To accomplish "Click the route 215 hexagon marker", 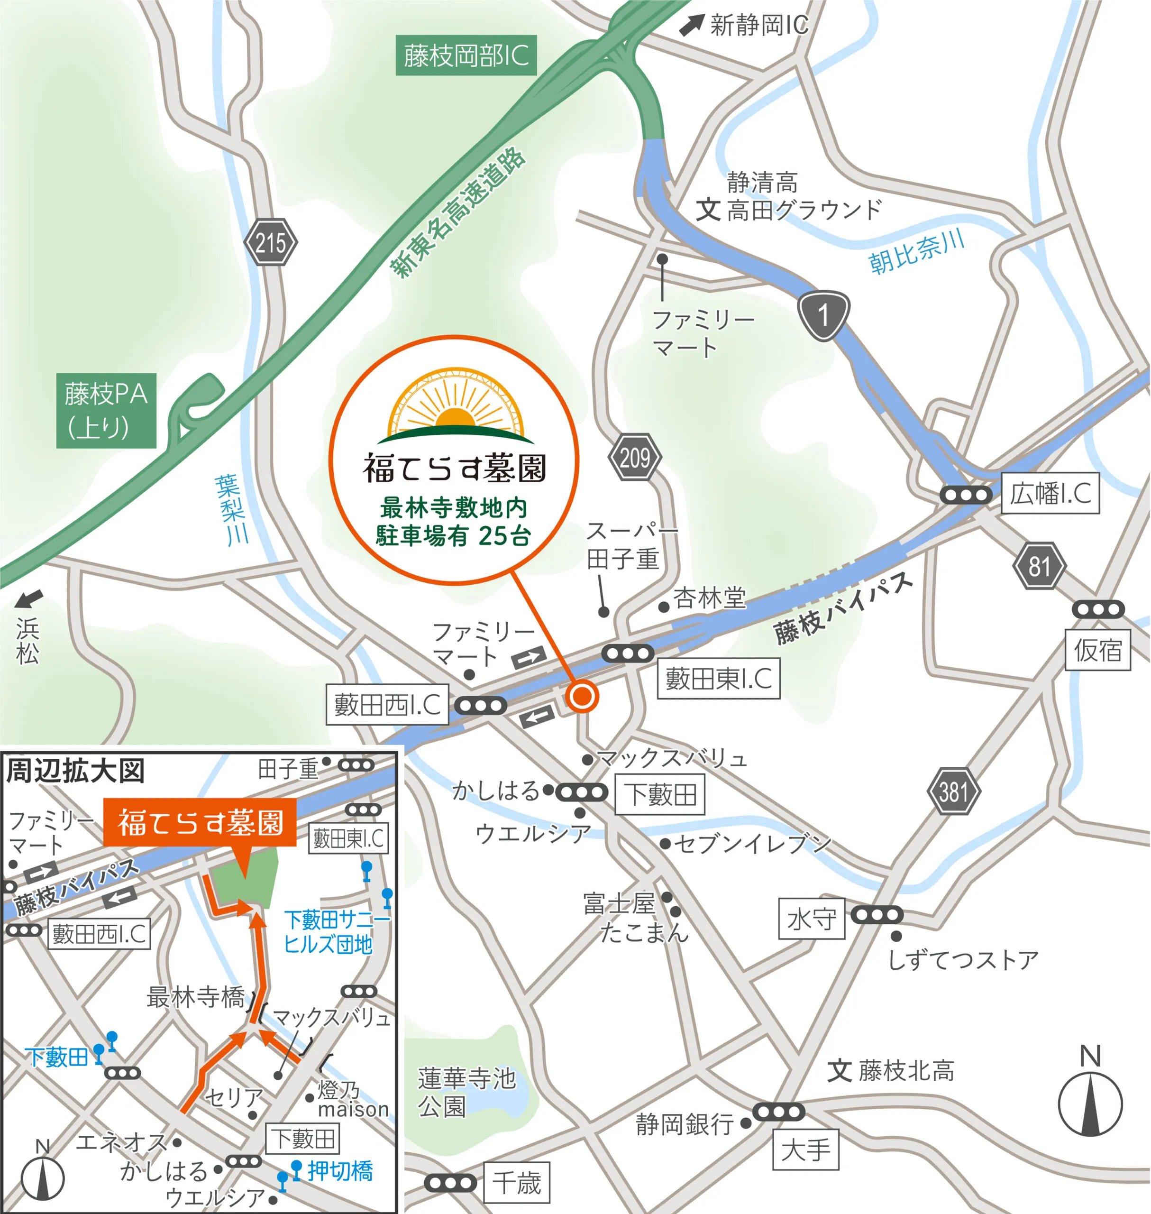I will tap(271, 242).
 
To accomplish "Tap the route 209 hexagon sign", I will tap(634, 457).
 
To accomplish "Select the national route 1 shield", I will tap(823, 315).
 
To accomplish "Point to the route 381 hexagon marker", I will tap(953, 791).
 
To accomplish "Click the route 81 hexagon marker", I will tap(1038, 566).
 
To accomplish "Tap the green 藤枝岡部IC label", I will tap(466, 56).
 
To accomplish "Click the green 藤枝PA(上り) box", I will tap(106, 410).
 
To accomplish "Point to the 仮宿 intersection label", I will tap(1097, 649).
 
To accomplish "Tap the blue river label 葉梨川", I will tap(231, 509).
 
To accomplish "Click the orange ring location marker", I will tap(581, 696).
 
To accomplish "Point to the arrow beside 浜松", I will tap(29, 598).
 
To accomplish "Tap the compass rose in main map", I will tap(1090, 1103).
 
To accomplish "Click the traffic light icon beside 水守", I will tap(877, 915).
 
